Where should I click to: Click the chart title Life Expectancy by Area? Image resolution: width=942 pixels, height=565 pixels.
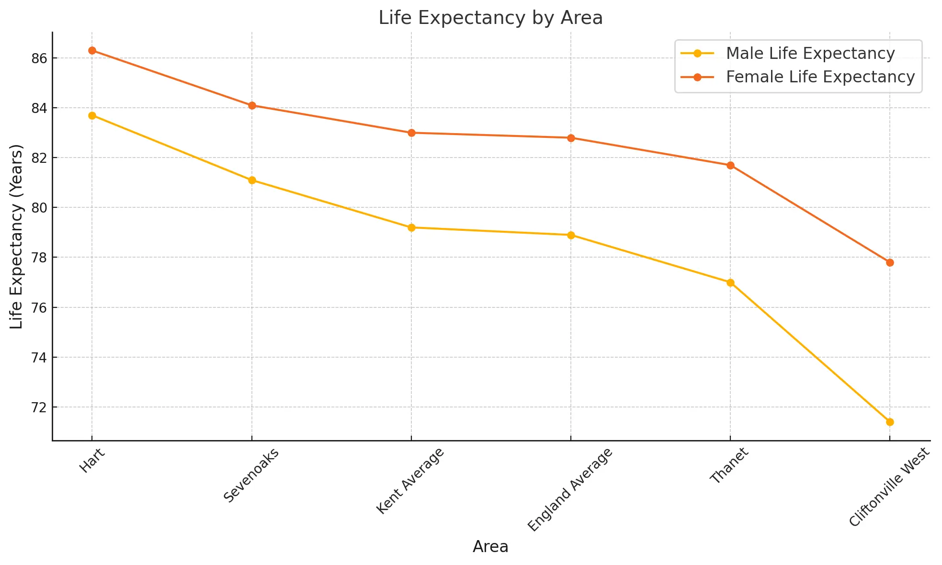tap(490, 18)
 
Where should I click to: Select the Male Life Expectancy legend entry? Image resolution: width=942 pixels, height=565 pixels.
tap(810, 54)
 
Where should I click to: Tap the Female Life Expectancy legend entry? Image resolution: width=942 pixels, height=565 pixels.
tap(820, 77)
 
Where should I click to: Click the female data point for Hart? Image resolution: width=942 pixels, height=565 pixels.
tap(92, 51)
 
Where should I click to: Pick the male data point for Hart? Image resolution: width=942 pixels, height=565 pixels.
tap(92, 115)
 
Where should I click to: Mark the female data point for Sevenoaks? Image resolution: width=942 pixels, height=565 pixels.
tap(252, 105)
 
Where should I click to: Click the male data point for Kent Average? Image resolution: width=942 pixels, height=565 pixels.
tap(411, 227)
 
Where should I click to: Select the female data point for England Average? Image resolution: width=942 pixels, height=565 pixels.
tap(571, 138)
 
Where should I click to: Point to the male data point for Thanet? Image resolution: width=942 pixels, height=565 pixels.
tap(730, 282)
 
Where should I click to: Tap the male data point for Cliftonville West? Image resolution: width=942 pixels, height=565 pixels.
tap(890, 422)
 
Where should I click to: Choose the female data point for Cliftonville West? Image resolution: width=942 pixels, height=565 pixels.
tap(890, 262)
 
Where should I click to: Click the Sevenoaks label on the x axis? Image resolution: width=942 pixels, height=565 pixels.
tap(251, 475)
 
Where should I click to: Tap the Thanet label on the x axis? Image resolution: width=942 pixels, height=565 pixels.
tap(729, 465)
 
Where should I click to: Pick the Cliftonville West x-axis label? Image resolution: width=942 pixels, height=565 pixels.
tap(889, 487)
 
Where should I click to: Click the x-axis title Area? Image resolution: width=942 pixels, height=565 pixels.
tap(490, 547)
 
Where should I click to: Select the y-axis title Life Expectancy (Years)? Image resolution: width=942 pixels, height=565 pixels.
tap(17, 237)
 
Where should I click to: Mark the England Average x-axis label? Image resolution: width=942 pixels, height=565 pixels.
tap(570, 489)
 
